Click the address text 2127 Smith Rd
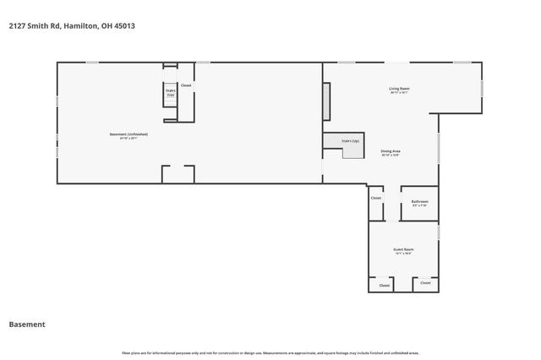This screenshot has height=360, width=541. [x=72, y=26]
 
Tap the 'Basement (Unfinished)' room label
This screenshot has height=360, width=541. [x=129, y=135]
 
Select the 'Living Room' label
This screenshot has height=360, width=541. [x=399, y=89]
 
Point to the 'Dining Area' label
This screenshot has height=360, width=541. [x=390, y=152]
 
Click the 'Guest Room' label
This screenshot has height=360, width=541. [x=403, y=250]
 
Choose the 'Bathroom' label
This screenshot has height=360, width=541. [x=419, y=202]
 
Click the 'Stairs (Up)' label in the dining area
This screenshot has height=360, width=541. [x=350, y=141]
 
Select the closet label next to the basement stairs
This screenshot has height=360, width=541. [x=186, y=85]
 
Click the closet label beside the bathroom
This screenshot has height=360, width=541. [x=376, y=199]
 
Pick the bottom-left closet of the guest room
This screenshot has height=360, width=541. [x=384, y=285]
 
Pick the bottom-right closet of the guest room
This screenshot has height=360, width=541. [x=425, y=283]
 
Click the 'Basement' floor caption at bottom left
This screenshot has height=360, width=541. [x=27, y=325]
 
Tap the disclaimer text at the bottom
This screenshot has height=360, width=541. [x=270, y=352]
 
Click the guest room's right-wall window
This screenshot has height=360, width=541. [x=439, y=231]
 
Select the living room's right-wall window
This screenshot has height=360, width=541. [x=482, y=87]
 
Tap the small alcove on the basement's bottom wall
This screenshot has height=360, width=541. [x=178, y=174]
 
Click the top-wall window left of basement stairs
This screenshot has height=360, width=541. [x=92, y=63]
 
